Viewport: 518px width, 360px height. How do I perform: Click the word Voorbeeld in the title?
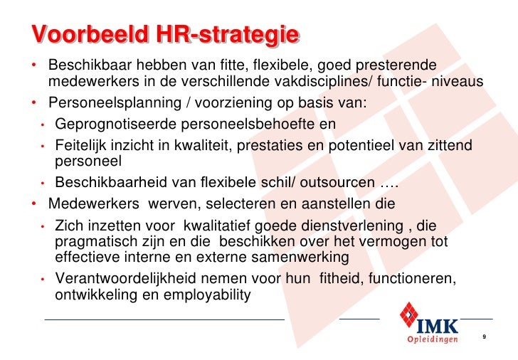click(87, 33)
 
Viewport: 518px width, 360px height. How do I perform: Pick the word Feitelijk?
click(80, 146)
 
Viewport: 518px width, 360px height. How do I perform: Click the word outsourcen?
click(339, 183)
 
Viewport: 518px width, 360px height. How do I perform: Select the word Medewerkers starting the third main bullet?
click(94, 204)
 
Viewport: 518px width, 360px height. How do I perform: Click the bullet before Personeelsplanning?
click(33, 103)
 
